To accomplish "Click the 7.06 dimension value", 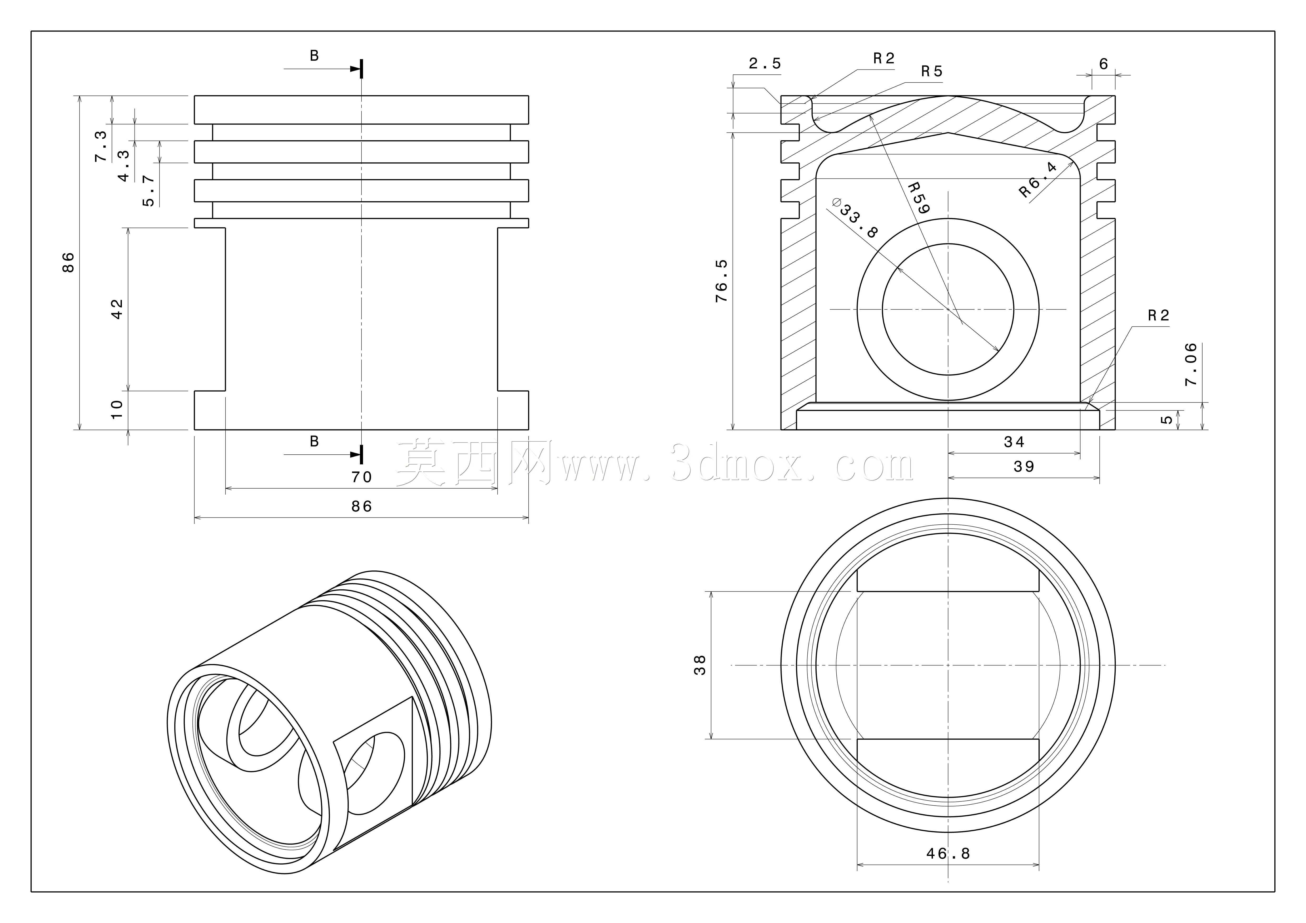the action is pos(1191,364).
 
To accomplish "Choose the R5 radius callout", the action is pos(932,72).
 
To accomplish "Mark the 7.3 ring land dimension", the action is pos(101,146).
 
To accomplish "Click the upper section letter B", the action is pos(314,56).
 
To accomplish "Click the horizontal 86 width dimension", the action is pos(362,506).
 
